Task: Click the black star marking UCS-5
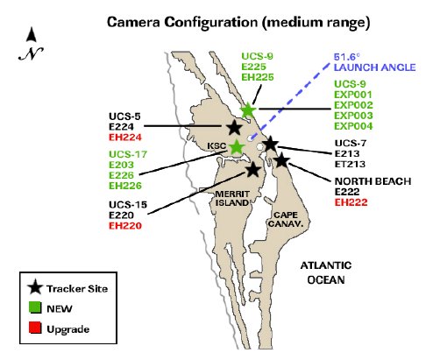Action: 234,127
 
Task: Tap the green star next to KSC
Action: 237,147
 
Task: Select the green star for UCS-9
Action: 248,109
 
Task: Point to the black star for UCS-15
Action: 253,169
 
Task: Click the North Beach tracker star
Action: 281,160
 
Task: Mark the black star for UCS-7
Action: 271,144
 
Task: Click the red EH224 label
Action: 125,138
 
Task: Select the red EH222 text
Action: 351,202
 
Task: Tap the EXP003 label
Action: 353,116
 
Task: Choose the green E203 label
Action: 121,165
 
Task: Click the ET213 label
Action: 350,164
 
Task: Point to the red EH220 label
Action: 125,226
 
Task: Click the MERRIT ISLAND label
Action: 232,198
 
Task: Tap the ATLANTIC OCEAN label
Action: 326,272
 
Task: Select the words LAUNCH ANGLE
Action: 374,67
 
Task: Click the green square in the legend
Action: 35,307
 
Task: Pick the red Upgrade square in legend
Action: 35,328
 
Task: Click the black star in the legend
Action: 35,287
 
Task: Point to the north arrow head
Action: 32,34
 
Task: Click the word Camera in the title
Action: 133,23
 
